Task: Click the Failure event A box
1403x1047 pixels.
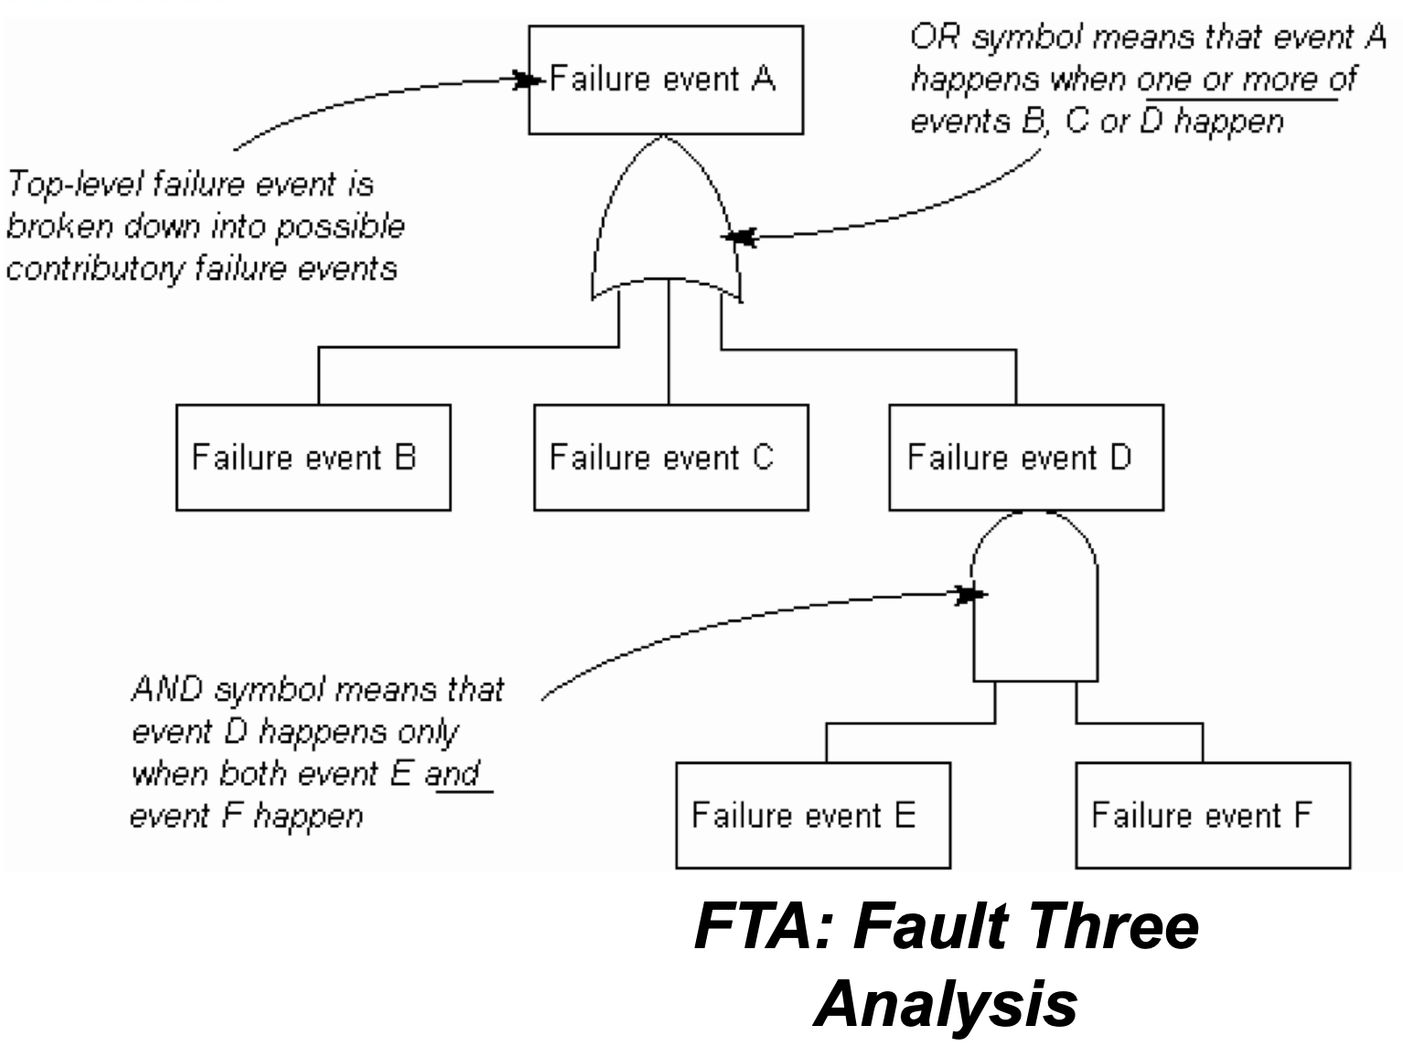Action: pos(666,80)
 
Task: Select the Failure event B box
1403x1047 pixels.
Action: pos(313,457)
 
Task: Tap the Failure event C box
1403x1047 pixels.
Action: pos(670,457)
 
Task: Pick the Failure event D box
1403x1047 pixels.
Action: pos(1026,457)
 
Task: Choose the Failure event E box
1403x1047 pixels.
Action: pos(813,815)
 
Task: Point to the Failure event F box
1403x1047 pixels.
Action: pos(1213,815)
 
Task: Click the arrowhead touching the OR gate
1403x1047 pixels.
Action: pos(740,238)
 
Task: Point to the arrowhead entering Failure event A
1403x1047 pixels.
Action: pos(525,81)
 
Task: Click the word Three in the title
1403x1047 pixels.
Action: pos(1108,925)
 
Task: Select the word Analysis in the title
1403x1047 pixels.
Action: pos(945,1003)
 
